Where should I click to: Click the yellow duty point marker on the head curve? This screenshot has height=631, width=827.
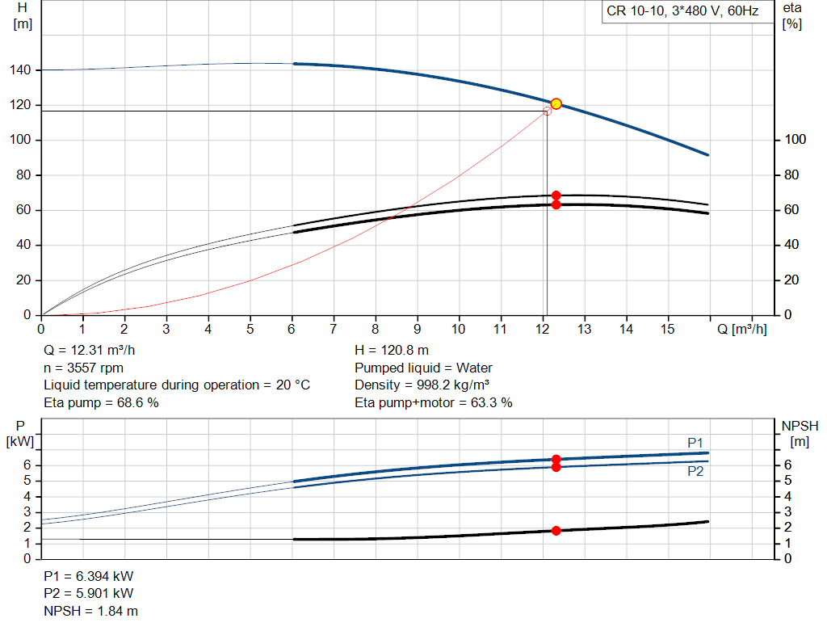[x=556, y=104]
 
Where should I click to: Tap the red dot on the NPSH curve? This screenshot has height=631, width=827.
[x=556, y=531]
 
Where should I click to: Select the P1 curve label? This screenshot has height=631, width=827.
[x=695, y=443]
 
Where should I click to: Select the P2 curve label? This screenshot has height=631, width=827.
[x=695, y=472]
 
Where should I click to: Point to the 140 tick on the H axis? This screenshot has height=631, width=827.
[x=23, y=70]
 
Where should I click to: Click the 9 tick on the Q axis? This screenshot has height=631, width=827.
[x=417, y=330]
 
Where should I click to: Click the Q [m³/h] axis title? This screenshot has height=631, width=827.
[x=742, y=330]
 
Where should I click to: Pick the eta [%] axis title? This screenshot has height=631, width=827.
[x=791, y=15]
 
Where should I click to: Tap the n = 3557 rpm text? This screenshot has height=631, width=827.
[x=83, y=368]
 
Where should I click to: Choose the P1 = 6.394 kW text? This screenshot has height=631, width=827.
[x=89, y=577]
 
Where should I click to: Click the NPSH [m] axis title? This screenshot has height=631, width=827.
[x=799, y=433]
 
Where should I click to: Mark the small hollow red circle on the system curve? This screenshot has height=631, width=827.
[x=548, y=111]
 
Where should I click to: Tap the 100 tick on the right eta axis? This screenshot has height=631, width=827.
[x=796, y=140]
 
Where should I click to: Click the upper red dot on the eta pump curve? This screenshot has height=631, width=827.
[x=556, y=196]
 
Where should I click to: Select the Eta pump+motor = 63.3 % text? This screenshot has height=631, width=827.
[x=434, y=402]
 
